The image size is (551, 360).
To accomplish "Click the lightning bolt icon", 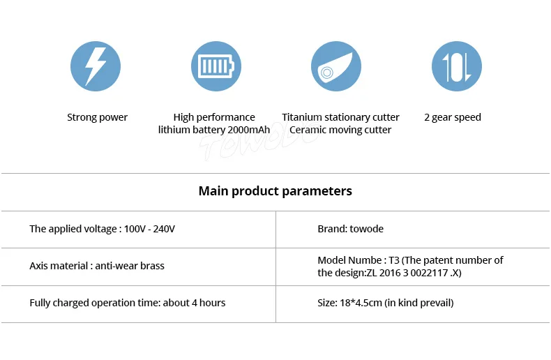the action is pyautogui.click(x=96, y=66).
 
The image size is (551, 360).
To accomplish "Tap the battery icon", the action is pyautogui.click(x=216, y=66).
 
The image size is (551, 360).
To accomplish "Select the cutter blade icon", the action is pyautogui.click(x=336, y=66).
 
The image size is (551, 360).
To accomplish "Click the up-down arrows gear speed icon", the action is pyautogui.click(x=457, y=66).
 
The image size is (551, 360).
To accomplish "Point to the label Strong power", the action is pyautogui.click(x=98, y=117).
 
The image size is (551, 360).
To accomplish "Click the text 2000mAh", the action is pyautogui.click(x=248, y=130).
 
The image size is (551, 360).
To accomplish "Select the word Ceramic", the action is pyautogui.click(x=305, y=130).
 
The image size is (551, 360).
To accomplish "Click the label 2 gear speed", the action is pyautogui.click(x=453, y=117).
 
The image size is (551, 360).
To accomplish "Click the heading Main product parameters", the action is pyautogui.click(x=275, y=191).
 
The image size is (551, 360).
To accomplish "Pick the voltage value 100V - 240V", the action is pyautogui.click(x=149, y=229).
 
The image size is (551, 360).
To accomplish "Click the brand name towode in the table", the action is pyautogui.click(x=366, y=229).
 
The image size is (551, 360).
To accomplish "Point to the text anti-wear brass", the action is pyautogui.click(x=130, y=266).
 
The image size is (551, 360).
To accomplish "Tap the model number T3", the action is pyautogui.click(x=394, y=260).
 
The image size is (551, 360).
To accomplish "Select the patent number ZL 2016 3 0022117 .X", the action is pyautogui.click(x=413, y=273).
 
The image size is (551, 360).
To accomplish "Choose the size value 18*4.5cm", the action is pyautogui.click(x=361, y=303).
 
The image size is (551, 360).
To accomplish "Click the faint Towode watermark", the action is pyautogui.click(x=260, y=141).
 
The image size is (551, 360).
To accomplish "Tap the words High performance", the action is pyautogui.click(x=214, y=117).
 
